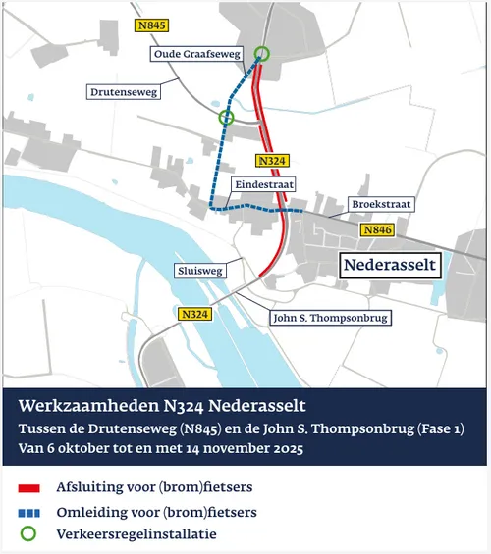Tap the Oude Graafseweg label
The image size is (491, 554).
point(196,55)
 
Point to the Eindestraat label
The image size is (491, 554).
point(264,184)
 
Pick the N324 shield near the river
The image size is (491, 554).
point(194,314)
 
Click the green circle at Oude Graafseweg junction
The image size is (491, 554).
point(261,54)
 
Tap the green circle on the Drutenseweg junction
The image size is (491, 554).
point(227,118)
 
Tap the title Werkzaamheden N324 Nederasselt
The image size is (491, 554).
point(163,406)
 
